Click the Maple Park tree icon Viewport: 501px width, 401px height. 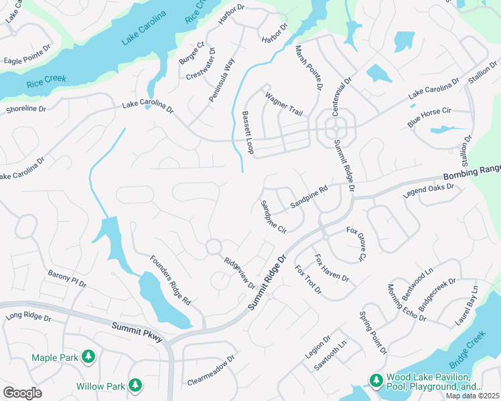[88, 358]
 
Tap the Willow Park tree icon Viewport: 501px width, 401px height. [135, 386]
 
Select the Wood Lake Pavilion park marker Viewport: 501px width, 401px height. [376, 380]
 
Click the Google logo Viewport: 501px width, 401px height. [22, 393]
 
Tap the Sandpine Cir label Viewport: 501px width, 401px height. [273, 217]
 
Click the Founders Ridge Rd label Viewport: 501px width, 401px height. [170, 281]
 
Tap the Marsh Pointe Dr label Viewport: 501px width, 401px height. [309, 68]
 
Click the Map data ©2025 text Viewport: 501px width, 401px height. [472, 396]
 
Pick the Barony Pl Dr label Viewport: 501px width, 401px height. [67, 279]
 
